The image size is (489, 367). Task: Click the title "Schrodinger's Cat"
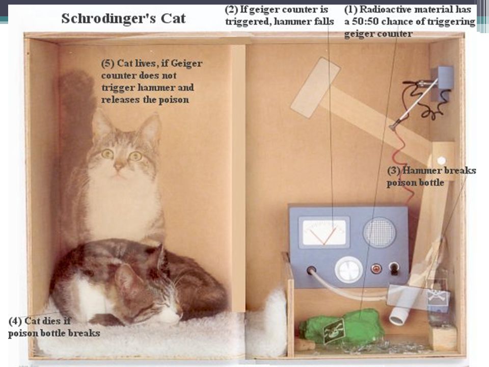click(x=123, y=18)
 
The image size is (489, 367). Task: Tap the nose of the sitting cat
click(x=119, y=167)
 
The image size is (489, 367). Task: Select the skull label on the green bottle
click(x=333, y=331)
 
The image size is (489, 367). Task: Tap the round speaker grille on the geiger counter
click(x=379, y=232)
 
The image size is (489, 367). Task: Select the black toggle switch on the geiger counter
click(x=394, y=269)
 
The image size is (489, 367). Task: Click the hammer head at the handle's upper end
click(x=315, y=88)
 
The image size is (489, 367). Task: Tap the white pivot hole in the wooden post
click(x=441, y=161)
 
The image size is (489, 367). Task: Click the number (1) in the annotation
click(x=350, y=10)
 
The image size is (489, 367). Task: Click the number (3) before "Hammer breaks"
click(x=394, y=171)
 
